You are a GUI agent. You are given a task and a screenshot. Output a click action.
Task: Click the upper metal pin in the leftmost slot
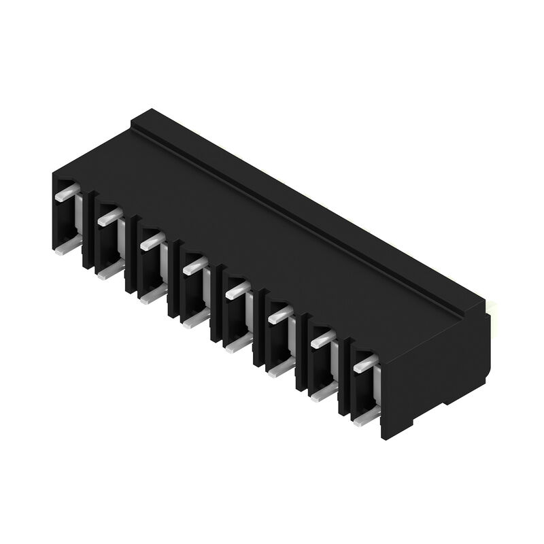pyautogui.click(x=67, y=192)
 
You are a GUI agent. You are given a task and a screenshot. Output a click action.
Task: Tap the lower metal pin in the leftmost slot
pyautogui.click(x=68, y=248)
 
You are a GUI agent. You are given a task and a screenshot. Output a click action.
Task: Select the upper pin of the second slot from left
pyautogui.click(x=109, y=217)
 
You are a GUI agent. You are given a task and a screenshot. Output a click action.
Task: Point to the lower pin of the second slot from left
pyautogui.click(x=110, y=272)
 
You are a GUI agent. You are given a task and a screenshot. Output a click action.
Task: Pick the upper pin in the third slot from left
pyautogui.click(x=152, y=241)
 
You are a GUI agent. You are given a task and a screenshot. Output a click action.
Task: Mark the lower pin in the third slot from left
pyautogui.click(x=154, y=294)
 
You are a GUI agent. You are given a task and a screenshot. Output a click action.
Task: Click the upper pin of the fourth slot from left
pyautogui.click(x=195, y=265)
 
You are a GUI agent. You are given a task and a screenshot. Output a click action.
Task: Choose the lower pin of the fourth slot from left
pyautogui.click(x=196, y=319)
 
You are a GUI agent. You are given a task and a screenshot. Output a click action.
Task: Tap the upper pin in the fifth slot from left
pyautogui.click(x=238, y=290)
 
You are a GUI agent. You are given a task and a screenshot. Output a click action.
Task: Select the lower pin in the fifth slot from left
pyautogui.click(x=239, y=343)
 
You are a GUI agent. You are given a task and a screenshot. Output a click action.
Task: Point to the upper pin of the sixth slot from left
pyautogui.click(x=280, y=314)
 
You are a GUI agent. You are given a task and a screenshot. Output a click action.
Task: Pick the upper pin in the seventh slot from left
pyautogui.click(x=323, y=339)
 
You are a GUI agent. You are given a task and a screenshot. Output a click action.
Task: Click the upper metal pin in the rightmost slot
pyautogui.click(x=365, y=363)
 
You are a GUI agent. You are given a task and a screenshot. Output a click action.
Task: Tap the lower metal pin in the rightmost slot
pyautogui.click(x=367, y=416)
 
